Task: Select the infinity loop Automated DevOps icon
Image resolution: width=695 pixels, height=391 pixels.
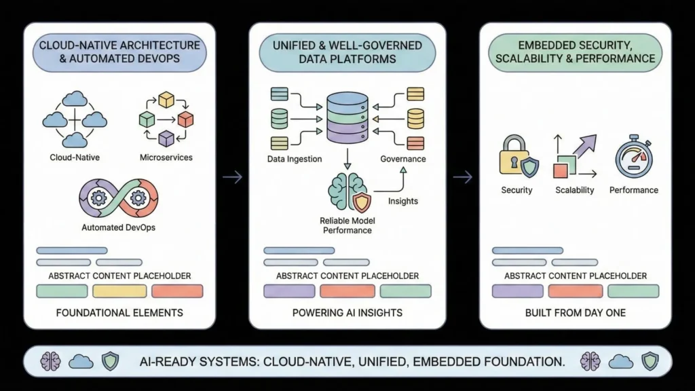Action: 118,200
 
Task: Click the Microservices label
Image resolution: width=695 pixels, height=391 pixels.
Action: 166,157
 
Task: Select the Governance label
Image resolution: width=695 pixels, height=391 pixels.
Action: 403,159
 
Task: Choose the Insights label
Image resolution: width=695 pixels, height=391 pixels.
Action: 403,201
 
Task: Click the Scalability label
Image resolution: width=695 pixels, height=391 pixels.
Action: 574,190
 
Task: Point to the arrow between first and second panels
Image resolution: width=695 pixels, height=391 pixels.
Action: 232,177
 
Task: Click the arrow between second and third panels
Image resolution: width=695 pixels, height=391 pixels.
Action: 463,177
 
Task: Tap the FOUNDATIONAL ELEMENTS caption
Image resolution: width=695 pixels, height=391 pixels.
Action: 119,313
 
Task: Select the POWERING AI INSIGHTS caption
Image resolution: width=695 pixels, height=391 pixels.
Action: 347,313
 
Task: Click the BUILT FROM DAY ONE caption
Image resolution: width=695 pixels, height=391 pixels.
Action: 576,313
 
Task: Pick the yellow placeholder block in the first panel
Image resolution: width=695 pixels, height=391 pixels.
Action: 119,291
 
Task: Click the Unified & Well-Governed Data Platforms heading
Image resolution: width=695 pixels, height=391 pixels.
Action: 347,52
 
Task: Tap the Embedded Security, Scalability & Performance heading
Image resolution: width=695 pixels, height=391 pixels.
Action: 576,52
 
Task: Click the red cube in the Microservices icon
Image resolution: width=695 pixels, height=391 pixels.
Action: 185,119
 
